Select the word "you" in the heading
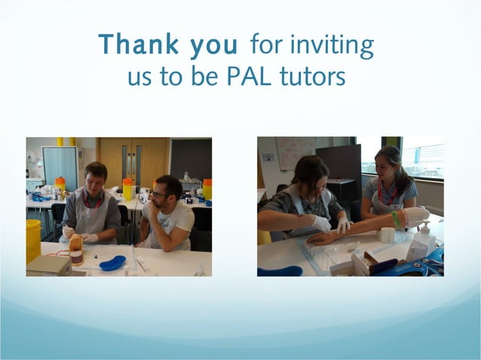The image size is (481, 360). point(213,47)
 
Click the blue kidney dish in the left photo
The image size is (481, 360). point(112,264)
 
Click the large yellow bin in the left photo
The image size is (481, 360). point(33,241)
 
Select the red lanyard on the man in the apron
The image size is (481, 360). point(93,202)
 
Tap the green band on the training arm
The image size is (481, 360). point(394,219)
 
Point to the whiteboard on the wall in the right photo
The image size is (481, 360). point(295,153)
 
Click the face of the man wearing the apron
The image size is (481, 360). point(97,181)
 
